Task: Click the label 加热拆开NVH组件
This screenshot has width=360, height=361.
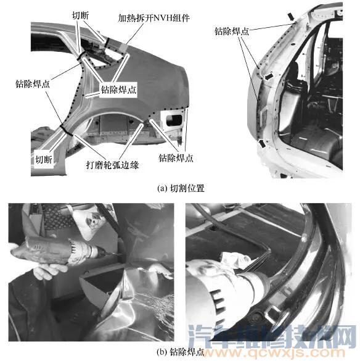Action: (x=154, y=18)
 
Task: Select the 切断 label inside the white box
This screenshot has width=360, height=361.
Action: (x=44, y=160)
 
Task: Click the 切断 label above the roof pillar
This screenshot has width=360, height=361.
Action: (x=80, y=15)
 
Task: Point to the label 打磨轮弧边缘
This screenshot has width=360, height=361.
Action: (x=112, y=165)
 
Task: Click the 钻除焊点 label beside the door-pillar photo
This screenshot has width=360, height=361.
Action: (x=232, y=31)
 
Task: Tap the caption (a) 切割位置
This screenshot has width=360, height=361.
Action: (x=181, y=188)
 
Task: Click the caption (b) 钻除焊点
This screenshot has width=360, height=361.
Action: (x=181, y=352)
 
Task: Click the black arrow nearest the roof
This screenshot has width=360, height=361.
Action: (x=291, y=17)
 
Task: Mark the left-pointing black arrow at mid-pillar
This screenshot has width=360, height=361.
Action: (x=269, y=76)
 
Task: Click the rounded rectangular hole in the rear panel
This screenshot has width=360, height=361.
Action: (x=174, y=120)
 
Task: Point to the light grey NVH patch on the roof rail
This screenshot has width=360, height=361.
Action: (x=123, y=47)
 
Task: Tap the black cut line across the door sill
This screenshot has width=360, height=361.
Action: (x=66, y=130)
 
